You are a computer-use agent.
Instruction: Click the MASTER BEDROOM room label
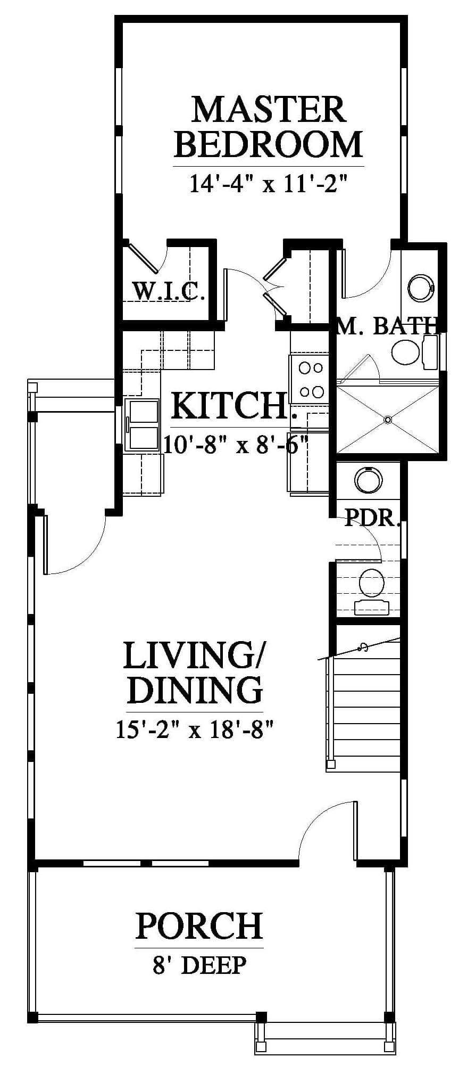click(269, 126)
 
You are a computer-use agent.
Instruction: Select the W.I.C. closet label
click(168, 291)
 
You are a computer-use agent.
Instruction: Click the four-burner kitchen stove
click(310, 379)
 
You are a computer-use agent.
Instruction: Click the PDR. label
click(372, 517)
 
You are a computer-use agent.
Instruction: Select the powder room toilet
click(372, 592)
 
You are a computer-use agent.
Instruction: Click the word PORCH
click(199, 925)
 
